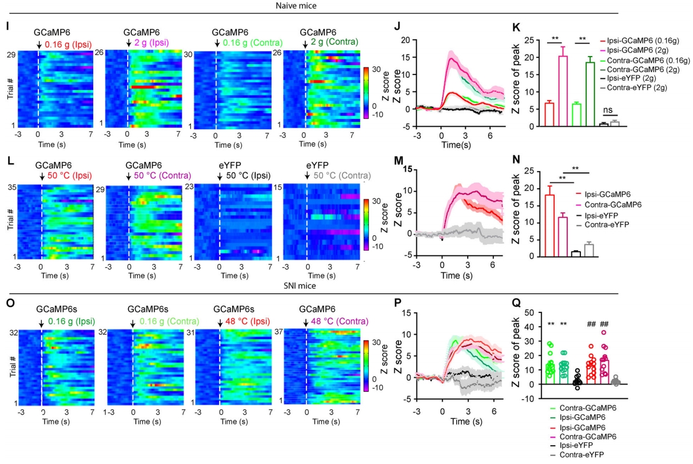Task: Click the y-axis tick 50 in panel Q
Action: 518,313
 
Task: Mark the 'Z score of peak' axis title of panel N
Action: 514,214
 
